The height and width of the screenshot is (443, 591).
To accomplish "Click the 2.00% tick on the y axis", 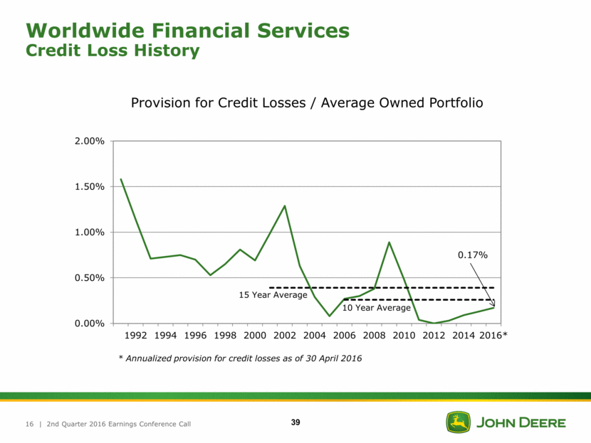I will point(89,142).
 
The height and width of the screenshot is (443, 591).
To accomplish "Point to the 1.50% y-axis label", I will point(89,187).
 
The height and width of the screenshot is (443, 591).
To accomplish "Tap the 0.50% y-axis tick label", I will point(89,278).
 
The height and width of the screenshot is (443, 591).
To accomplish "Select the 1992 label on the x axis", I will point(137,335).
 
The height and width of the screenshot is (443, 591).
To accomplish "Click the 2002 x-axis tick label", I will point(285,335).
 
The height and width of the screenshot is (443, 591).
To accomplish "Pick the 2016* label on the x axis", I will point(493,335).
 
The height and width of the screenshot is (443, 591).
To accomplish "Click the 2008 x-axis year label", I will point(374,335).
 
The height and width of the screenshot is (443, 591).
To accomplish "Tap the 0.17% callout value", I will point(473,255).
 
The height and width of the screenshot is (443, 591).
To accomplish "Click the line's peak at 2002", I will point(285,206).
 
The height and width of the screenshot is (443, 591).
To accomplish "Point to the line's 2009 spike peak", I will point(389,242).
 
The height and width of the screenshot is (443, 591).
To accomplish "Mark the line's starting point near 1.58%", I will point(121,180).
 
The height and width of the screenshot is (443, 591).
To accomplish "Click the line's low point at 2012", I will point(434,323).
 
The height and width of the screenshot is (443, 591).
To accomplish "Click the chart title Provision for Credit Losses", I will point(307,103).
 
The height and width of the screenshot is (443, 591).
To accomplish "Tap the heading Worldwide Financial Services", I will point(188,31).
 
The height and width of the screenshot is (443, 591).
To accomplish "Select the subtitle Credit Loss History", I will point(112,50).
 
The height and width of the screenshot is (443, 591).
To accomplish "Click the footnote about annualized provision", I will point(240,358).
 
